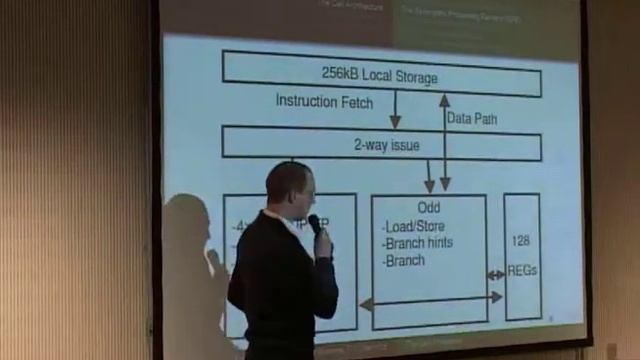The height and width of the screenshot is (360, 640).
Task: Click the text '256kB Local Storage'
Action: pyautogui.click(x=379, y=75)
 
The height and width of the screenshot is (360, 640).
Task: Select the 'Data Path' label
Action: pyautogui.click(x=472, y=118)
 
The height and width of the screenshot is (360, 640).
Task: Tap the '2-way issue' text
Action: pyautogui.click(x=386, y=145)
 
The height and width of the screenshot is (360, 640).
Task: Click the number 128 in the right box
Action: pyautogui.click(x=521, y=240)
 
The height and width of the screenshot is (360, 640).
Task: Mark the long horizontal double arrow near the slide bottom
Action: pyautogui.click(x=430, y=297)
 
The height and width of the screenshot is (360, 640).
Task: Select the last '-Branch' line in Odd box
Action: pyautogui.click(x=404, y=261)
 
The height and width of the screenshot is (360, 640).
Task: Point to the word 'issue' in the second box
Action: pyautogui.click(x=403, y=145)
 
